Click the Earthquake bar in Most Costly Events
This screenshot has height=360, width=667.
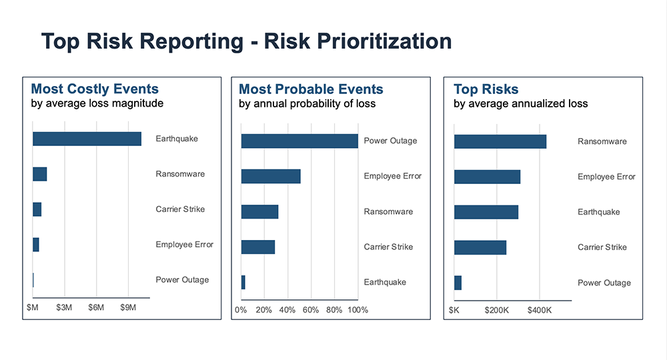tap(87, 139)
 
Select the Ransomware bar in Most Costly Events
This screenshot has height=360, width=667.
tap(39, 174)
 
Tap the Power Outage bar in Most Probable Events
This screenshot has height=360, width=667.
tap(299, 141)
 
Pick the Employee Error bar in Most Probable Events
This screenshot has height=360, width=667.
tap(271, 176)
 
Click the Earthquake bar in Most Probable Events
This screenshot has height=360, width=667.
tap(243, 282)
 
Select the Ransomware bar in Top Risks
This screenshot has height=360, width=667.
tap(500, 141)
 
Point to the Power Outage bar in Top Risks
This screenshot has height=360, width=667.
tap(458, 283)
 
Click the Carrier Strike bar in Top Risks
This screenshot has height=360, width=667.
tap(480, 247)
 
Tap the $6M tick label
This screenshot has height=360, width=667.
tap(96, 308)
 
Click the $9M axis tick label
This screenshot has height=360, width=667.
tap(128, 308)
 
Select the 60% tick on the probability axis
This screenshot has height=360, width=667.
tap(311, 310)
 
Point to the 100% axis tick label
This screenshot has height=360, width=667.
tap(358, 310)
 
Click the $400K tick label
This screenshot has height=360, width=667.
tap(540, 310)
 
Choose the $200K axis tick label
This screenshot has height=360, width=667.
tap(497, 310)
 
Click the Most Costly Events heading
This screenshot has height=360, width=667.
tap(95, 89)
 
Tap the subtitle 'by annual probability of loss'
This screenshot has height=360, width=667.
tap(307, 103)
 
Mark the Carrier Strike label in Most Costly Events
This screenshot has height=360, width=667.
tap(180, 209)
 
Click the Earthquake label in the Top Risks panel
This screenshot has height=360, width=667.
tap(598, 212)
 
